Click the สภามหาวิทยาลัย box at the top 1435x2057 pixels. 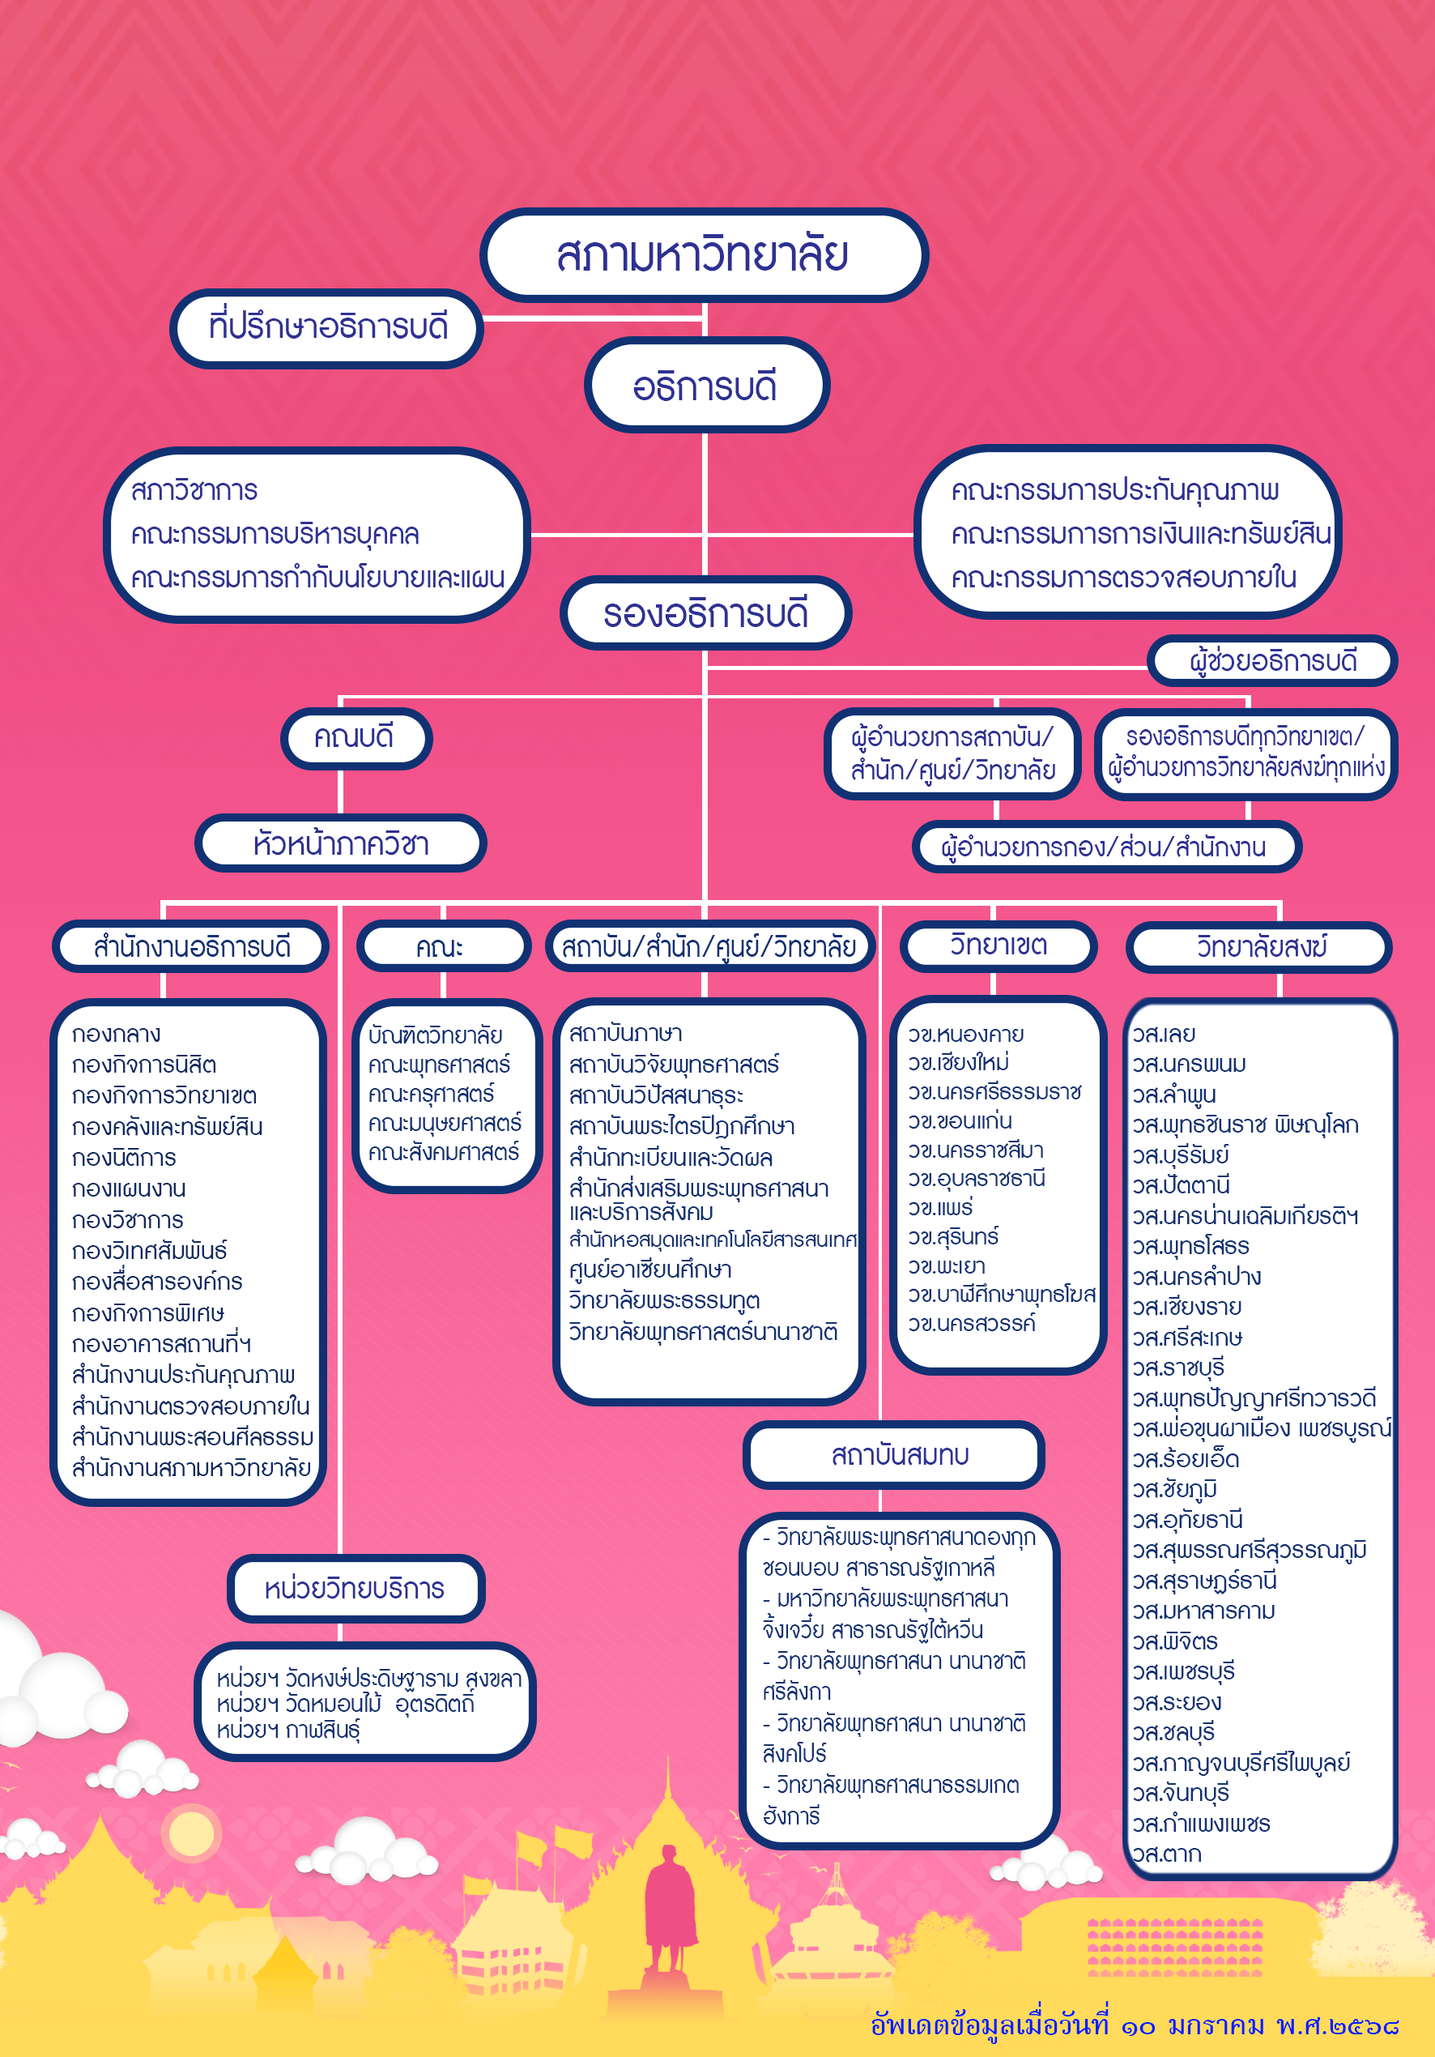[x=703, y=255]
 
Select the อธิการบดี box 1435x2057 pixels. [x=705, y=386]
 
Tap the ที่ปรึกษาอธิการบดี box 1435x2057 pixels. [x=327, y=327]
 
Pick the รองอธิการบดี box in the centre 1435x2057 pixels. [x=705, y=613]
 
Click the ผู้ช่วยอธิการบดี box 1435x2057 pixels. [x=1272, y=661]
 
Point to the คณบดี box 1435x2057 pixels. [x=355, y=737]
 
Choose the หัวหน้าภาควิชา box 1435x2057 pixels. [x=340, y=844]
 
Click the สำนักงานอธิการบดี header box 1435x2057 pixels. [x=192, y=947]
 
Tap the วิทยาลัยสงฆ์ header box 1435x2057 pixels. [x=1259, y=947]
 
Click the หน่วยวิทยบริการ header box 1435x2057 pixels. [x=355, y=1589]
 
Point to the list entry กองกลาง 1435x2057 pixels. [x=117, y=1035]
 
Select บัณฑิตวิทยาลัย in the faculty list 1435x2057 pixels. [x=436, y=1035]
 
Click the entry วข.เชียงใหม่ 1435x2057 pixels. [x=959, y=1063]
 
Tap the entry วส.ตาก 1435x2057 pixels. [x=1166, y=1854]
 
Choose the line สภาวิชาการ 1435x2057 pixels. [x=194, y=491]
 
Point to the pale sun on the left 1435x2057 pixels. [x=191, y=1832]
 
